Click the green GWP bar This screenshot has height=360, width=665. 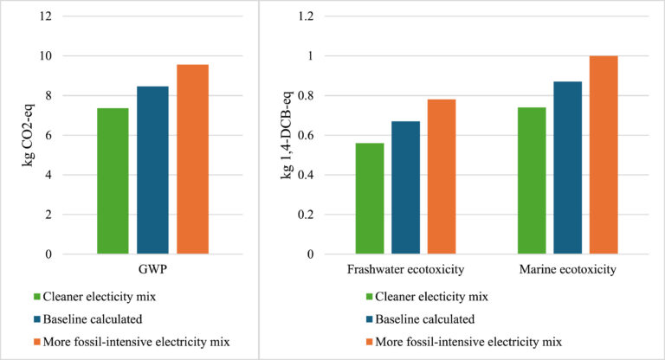[x=113, y=181]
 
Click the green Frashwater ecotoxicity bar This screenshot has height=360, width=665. [x=370, y=198]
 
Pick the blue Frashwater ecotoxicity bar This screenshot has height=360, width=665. [x=405, y=187]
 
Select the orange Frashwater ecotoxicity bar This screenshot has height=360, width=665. [x=441, y=177]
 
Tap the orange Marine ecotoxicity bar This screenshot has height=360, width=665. [x=604, y=155]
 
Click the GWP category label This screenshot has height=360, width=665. [x=152, y=269]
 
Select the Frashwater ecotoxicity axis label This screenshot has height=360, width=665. [x=404, y=269]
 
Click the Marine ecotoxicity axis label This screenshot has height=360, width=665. [x=567, y=269]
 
